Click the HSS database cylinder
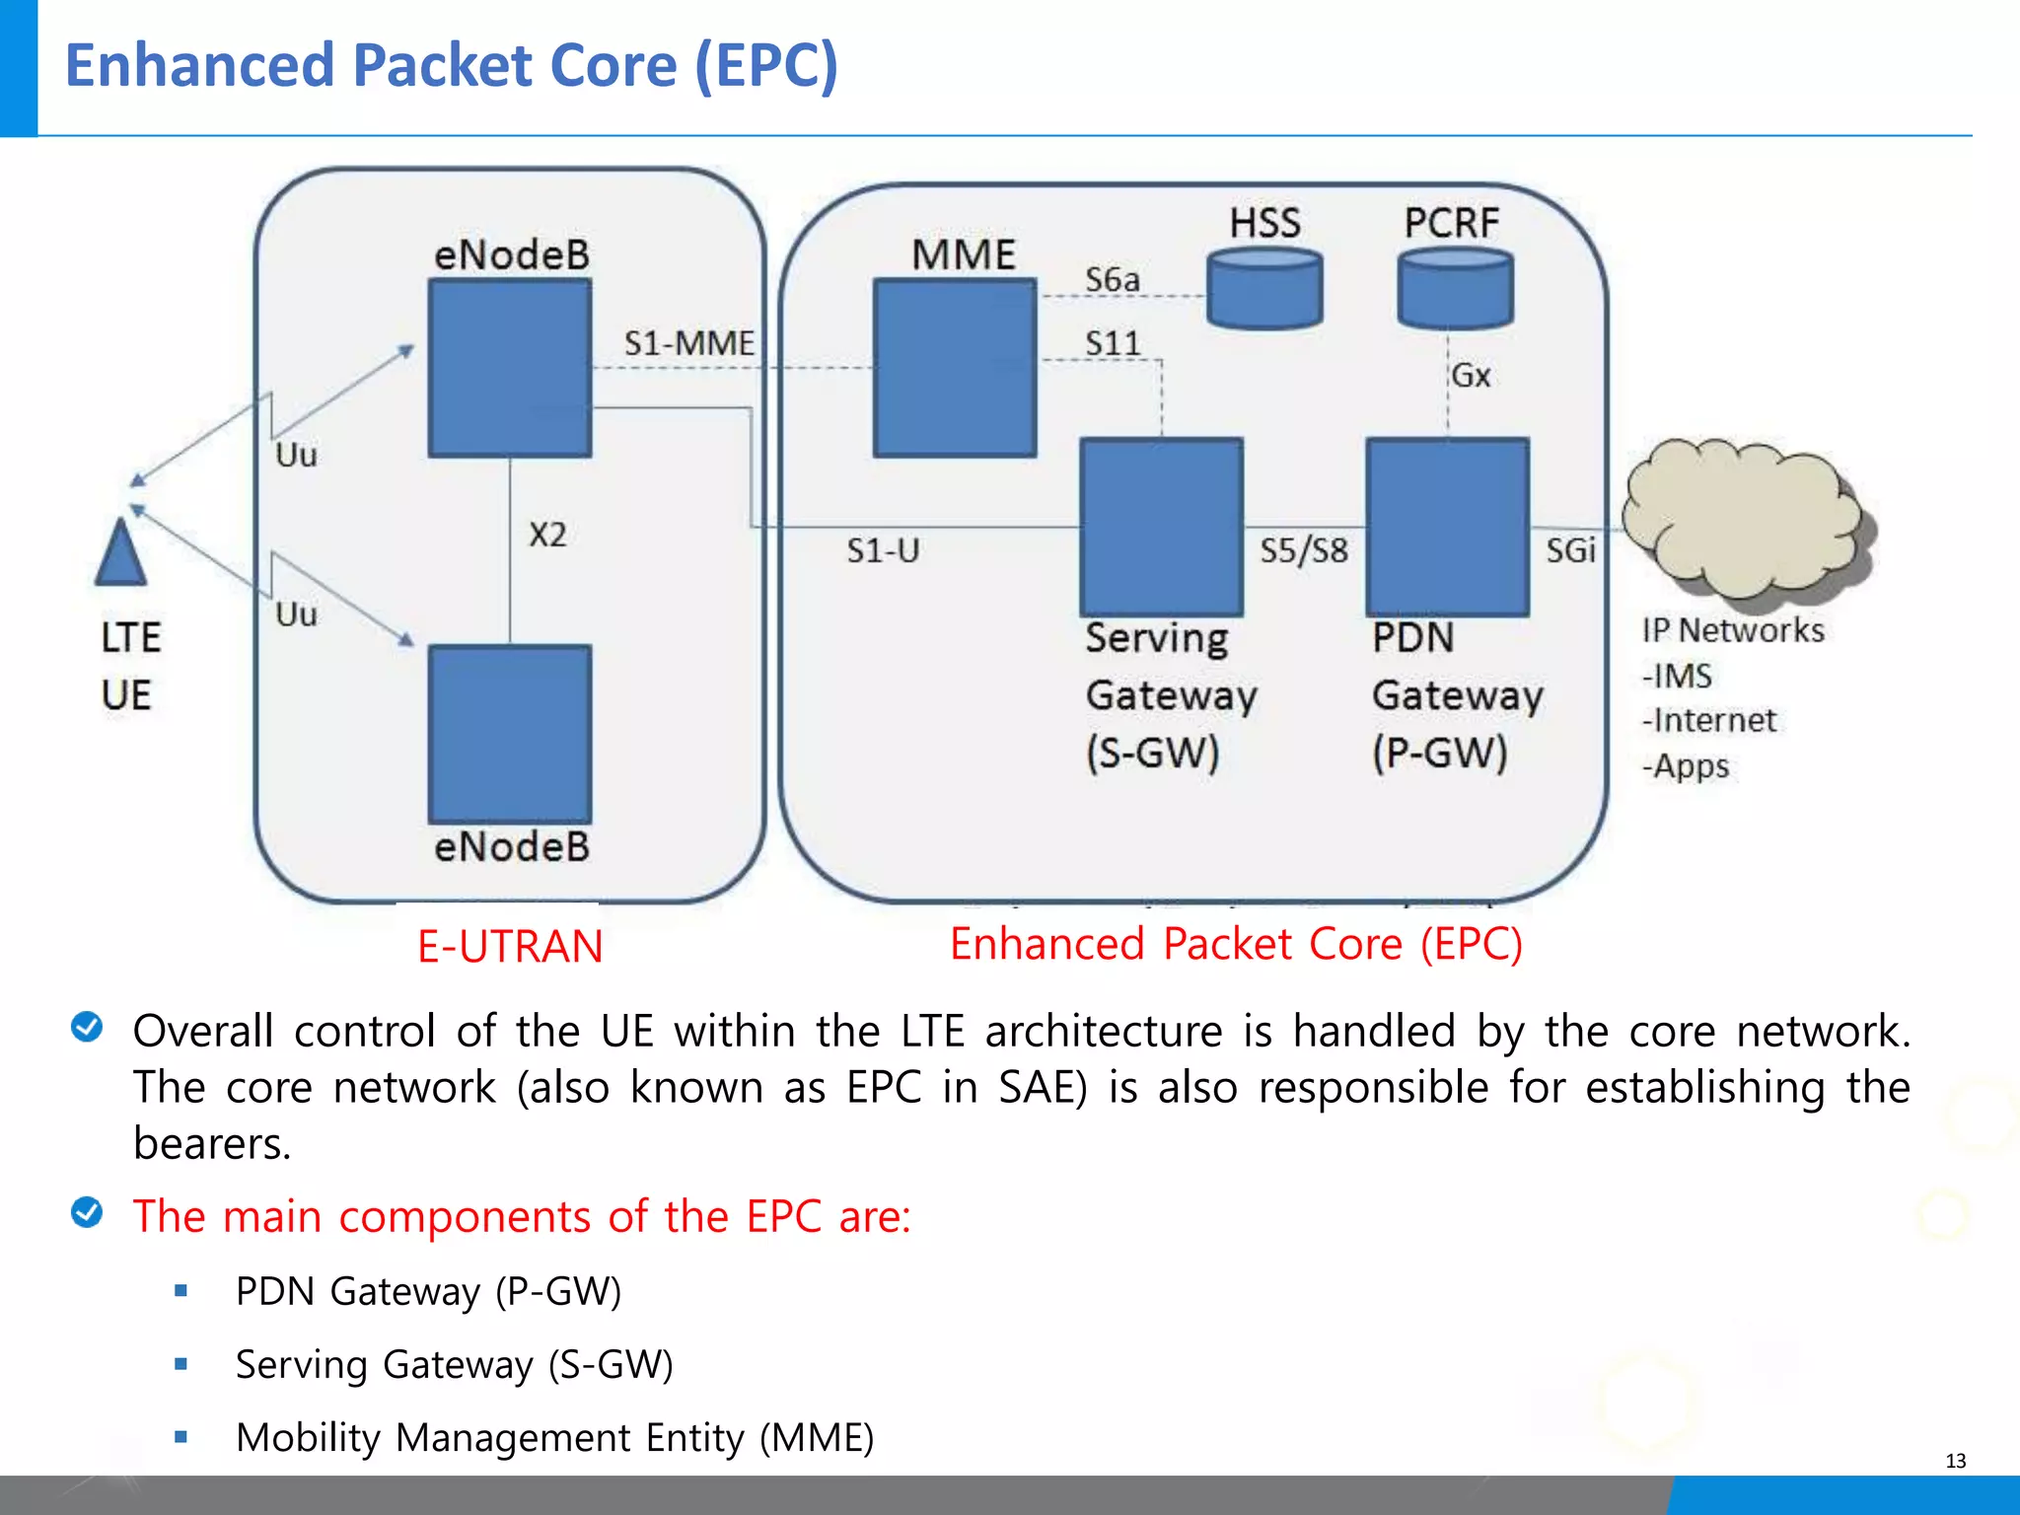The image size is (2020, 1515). pos(1264,288)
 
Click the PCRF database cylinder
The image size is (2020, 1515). pos(1455,288)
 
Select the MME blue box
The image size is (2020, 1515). pos(955,368)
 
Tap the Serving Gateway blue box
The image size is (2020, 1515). pos(1161,527)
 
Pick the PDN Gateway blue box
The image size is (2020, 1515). pos(1447,527)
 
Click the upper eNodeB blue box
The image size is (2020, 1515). pos(510,368)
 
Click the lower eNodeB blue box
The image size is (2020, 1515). pos(510,734)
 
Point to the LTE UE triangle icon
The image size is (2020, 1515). pos(120,554)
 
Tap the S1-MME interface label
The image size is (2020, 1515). pos(688,343)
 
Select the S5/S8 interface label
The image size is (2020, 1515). pos(1303,550)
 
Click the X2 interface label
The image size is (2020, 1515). pos(547,535)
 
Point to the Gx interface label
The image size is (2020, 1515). pos(1471,376)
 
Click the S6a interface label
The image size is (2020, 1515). pos(1112,280)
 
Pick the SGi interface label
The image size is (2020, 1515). pos(1570,550)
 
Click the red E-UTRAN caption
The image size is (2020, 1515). pos(510,946)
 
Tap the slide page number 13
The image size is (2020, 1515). pos(1955,1461)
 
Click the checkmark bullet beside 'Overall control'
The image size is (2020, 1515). pos(87,1027)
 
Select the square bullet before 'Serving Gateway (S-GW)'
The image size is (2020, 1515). pos(180,1364)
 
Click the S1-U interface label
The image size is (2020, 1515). pos(883,550)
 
